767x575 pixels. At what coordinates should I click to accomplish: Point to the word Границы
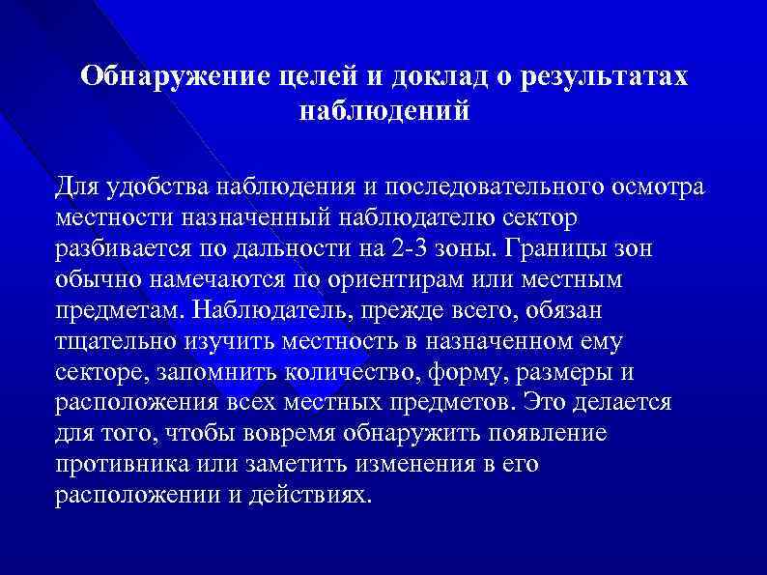click(x=553, y=247)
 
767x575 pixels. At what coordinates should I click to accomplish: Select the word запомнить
click(x=201, y=372)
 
